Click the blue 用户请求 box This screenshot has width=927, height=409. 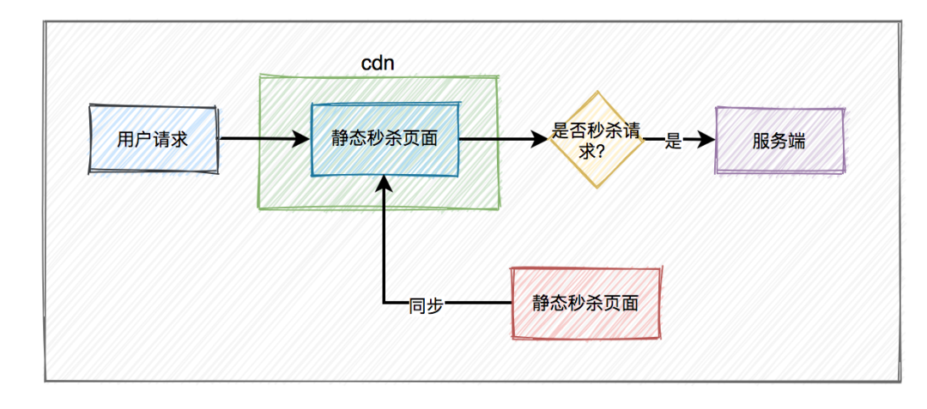153,140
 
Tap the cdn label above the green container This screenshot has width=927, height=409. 378,63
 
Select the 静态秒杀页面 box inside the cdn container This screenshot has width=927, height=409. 385,140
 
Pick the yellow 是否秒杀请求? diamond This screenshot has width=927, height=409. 597,140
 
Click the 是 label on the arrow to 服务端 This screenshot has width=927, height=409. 674,142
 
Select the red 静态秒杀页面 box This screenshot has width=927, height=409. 585,303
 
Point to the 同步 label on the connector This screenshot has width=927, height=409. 427,304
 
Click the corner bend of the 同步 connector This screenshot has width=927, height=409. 385,303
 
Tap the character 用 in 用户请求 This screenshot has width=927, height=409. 126,140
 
